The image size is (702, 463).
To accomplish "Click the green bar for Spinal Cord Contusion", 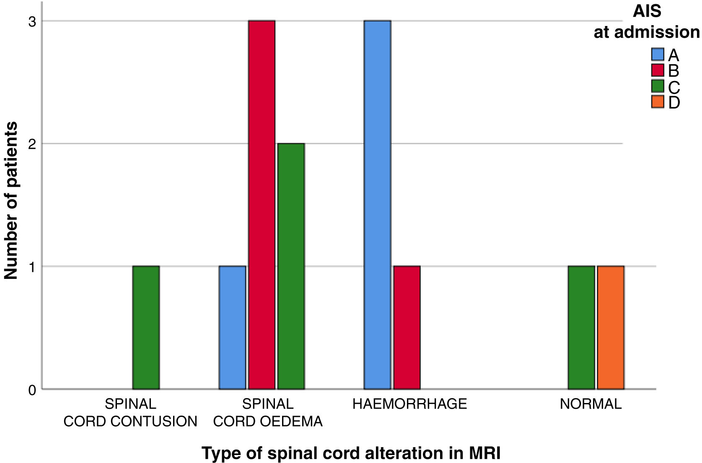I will [x=146, y=328].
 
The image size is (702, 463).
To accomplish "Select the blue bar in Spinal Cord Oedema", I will [x=232, y=328].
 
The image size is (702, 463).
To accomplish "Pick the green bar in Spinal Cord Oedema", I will [x=291, y=266].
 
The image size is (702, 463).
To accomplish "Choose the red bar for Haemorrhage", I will [x=407, y=328].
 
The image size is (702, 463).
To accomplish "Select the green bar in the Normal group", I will [x=581, y=328].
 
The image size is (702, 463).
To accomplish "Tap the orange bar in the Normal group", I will [x=611, y=328].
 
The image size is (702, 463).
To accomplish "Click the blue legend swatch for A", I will [x=658, y=55].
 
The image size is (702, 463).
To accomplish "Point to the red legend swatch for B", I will [x=658, y=70].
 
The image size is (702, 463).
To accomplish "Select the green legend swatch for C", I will [x=658, y=86].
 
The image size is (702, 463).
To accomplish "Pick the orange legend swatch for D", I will [x=658, y=102].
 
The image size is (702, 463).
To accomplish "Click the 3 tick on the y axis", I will [x=32, y=22].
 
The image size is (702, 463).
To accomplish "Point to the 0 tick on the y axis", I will [x=32, y=390].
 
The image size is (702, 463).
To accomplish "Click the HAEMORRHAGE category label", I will [x=409, y=404].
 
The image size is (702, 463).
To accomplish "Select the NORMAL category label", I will [x=591, y=404].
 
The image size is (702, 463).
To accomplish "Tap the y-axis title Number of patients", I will [x=11, y=200].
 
